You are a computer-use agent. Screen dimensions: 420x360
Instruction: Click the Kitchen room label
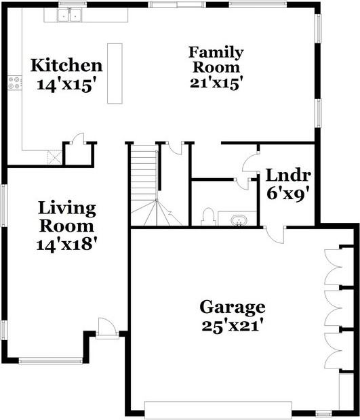click(x=66, y=66)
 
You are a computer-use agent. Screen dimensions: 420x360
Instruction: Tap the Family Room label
click(x=216, y=60)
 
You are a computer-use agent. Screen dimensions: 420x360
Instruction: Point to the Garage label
click(x=232, y=308)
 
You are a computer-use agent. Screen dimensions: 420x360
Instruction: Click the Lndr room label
click(x=288, y=175)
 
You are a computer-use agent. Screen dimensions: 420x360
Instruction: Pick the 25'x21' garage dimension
click(x=232, y=325)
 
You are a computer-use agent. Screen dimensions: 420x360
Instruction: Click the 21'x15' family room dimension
click(x=216, y=82)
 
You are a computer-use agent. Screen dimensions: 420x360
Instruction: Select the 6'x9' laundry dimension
click(x=288, y=193)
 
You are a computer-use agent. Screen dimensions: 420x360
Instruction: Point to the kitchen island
click(x=115, y=73)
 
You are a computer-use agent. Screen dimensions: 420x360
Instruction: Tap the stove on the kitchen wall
click(x=14, y=83)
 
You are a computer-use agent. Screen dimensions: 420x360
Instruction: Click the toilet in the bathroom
click(x=208, y=217)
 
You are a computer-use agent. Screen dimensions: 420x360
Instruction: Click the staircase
click(x=144, y=183)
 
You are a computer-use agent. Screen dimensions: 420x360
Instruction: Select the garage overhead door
click(x=218, y=409)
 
